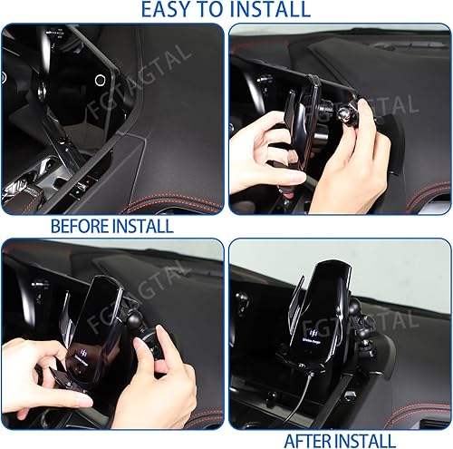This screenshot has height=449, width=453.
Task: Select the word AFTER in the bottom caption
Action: click(x=312, y=440)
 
